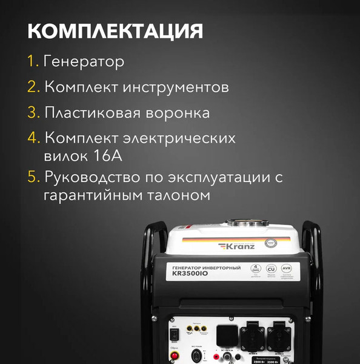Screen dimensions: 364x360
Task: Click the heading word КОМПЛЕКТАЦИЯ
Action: (x=115, y=31)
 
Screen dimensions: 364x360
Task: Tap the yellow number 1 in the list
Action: (x=32, y=62)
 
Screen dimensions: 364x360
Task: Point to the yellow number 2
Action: (x=33, y=87)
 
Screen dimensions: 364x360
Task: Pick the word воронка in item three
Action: (x=181, y=113)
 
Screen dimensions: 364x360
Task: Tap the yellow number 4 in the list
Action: (x=33, y=138)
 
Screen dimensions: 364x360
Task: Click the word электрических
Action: (x=182, y=138)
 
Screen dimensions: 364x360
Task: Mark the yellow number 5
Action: (x=33, y=178)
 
